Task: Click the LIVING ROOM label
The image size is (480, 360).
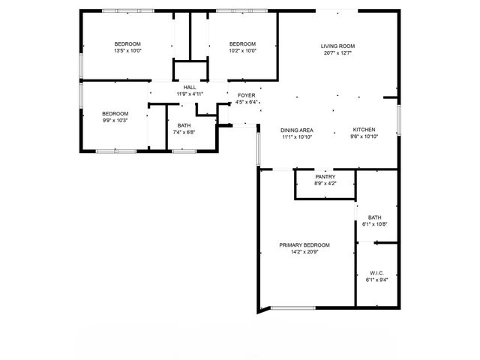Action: pyautogui.click(x=337, y=46)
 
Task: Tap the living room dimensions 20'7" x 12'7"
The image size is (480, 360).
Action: pyautogui.click(x=337, y=53)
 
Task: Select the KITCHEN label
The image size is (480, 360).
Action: pyautogui.click(x=364, y=130)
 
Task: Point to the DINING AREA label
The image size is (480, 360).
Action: pyautogui.click(x=297, y=130)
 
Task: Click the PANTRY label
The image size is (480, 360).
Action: pyautogui.click(x=325, y=176)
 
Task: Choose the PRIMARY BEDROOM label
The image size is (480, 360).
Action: pyautogui.click(x=304, y=245)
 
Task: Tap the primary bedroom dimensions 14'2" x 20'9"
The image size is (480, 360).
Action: pyautogui.click(x=304, y=253)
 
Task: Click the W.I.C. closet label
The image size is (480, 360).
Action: pyautogui.click(x=376, y=272)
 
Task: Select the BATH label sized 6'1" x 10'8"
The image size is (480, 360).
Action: pyautogui.click(x=374, y=217)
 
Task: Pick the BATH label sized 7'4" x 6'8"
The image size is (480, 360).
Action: pyautogui.click(x=184, y=125)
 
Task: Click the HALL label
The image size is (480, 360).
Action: pyautogui.click(x=190, y=87)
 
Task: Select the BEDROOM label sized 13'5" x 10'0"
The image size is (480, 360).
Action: pyautogui.click(x=127, y=43)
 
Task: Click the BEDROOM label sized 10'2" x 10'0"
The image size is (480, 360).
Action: pyautogui.click(x=242, y=43)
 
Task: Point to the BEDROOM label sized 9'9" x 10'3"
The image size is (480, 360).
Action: pyautogui.click(x=115, y=112)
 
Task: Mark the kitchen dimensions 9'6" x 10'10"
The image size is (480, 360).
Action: pyautogui.click(x=364, y=137)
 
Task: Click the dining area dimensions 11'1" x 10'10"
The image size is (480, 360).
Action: pyautogui.click(x=297, y=137)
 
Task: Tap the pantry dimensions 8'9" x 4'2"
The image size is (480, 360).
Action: pyautogui.click(x=325, y=184)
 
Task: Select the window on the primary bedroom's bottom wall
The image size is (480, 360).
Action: pyautogui.click(x=292, y=307)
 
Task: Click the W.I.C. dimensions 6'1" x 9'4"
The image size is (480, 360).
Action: pyautogui.click(x=376, y=280)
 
